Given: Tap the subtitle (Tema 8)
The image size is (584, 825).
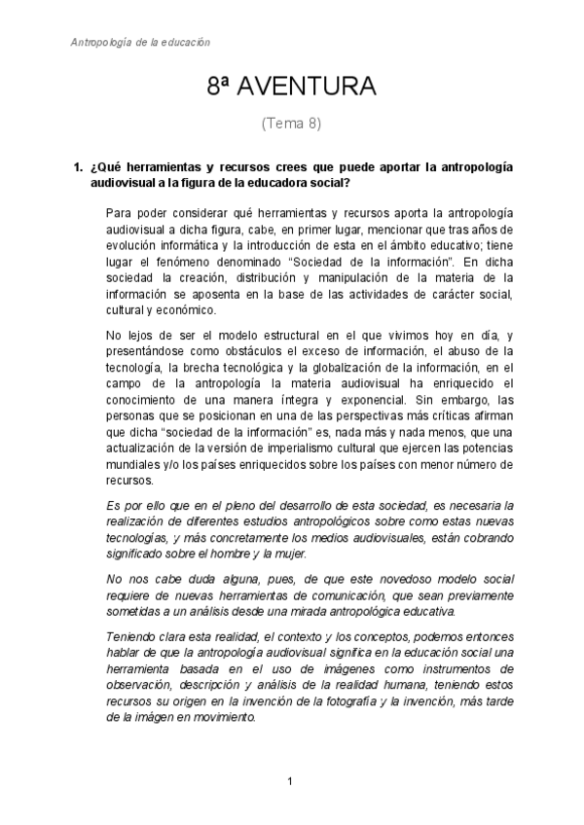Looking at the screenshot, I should (x=291, y=124).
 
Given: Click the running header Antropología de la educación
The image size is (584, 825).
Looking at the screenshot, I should (x=142, y=43).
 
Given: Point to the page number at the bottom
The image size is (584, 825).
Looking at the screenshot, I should (x=291, y=781).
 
